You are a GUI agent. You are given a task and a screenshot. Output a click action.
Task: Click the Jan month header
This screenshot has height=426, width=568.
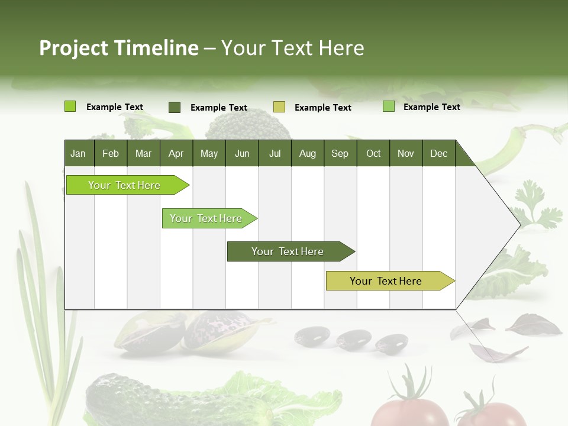tap(78, 153)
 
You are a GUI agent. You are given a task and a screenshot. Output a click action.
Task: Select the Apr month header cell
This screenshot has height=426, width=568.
tap(176, 153)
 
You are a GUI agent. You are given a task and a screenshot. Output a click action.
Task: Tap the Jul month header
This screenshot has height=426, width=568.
tap(275, 153)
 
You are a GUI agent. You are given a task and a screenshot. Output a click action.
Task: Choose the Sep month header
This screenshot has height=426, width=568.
tap(340, 153)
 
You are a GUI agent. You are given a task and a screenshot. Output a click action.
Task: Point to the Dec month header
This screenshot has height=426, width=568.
tap(438, 153)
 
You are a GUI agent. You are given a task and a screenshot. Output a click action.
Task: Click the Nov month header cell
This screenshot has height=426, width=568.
tap(406, 153)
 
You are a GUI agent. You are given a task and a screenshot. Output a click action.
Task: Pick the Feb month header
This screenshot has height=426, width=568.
tap(111, 153)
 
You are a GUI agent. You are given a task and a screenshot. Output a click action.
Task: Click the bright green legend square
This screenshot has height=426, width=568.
tap(70, 106)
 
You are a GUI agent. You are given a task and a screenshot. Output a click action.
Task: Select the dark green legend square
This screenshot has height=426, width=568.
tap(175, 107)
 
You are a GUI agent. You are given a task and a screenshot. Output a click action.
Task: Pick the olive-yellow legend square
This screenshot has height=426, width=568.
tap(279, 107)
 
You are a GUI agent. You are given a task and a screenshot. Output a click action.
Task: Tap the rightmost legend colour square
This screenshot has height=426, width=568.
tap(389, 106)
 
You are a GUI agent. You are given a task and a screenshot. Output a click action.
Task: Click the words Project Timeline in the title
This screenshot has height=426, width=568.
tap(118, 48)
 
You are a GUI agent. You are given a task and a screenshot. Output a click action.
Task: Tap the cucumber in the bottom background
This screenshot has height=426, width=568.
tap(136, 399)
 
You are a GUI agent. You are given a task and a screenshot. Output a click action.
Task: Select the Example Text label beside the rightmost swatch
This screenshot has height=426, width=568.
tap(431, 107)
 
